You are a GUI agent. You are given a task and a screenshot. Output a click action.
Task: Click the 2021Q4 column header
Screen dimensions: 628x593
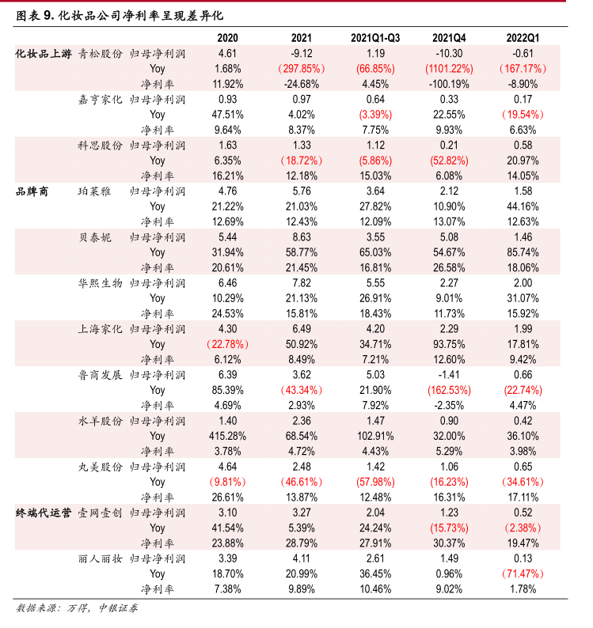(449, 37)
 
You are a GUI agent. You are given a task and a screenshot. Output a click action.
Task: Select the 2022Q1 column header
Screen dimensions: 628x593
(523, 37)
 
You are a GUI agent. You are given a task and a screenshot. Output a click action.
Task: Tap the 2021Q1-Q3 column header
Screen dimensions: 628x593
(374, 37)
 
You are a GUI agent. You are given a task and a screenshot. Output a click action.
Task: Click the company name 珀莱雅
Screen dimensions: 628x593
(94, 191)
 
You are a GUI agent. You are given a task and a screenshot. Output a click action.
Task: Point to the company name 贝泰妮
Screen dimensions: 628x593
(94, 236)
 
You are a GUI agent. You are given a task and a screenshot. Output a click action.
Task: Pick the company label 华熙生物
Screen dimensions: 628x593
(100, 282)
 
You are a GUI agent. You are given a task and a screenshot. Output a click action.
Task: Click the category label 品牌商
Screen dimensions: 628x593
(32, 191)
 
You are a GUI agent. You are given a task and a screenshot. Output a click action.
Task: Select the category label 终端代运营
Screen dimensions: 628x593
(43, 513)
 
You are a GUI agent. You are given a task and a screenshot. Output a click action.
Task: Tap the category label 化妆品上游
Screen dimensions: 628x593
(44, 53)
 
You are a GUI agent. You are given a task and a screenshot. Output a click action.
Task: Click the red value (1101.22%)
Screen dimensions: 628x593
(449, 68)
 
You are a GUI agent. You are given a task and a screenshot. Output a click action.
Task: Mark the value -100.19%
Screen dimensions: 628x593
(449, 83)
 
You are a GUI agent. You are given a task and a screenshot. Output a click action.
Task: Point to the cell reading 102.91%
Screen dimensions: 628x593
(374, 436)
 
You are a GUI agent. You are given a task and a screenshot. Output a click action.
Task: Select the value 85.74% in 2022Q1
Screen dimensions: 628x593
(523, 252)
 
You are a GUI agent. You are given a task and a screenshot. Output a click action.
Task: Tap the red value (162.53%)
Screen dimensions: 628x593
(449, 390)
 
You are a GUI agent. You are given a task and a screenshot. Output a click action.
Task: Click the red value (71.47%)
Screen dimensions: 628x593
(523, 573)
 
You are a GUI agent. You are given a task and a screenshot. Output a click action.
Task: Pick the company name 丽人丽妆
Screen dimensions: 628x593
(100, 558)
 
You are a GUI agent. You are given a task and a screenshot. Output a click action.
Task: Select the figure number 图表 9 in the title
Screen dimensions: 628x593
(35, 14)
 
